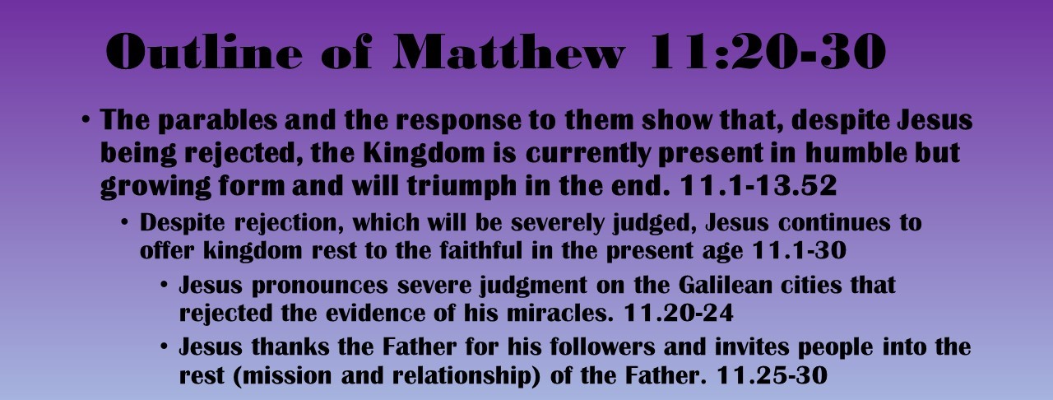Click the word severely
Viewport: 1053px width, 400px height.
click(x=539, y=223)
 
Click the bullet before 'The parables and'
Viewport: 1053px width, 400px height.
click(x=86, y=121)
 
